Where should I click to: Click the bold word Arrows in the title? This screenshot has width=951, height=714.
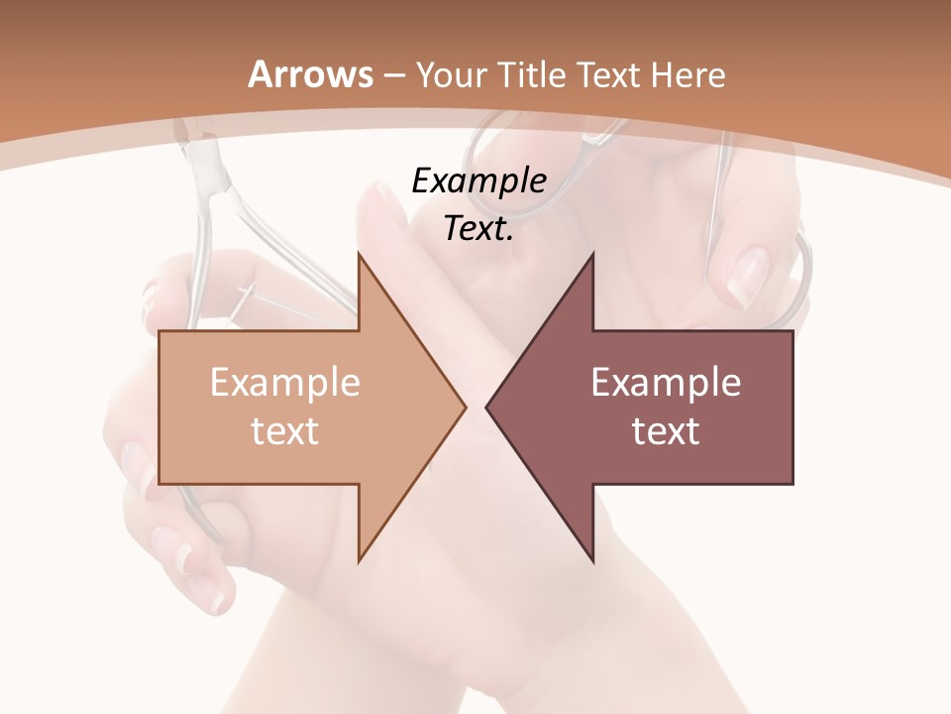(311, 74)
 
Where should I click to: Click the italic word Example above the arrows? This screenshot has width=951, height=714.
(478, 180)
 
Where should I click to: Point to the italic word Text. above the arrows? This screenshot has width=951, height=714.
(478, 228)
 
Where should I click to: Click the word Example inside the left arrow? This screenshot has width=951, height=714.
(284, 382)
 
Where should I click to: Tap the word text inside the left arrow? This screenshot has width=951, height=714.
(284, 430)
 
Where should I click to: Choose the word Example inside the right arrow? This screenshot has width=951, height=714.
(666, 382)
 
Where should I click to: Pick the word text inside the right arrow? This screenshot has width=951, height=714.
(666, 430)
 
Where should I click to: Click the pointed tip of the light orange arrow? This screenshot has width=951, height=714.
(466, 407)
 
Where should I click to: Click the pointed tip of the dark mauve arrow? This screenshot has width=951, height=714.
(486, 407)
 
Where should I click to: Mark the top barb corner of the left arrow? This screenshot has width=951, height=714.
(359, 254)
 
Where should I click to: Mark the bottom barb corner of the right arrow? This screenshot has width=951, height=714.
(593, 561)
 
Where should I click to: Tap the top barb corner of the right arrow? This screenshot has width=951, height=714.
(593, 254)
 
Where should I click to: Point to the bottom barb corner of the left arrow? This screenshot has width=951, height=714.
(359, 561)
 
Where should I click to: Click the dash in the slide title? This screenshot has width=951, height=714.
(393, 75)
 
